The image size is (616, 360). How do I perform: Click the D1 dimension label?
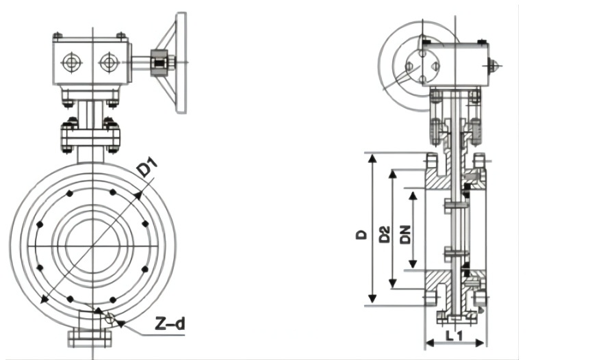click(x=147, y=168)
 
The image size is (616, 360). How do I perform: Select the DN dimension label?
click(x=405, y=235)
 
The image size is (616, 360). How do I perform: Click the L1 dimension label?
click(x=455, y=335)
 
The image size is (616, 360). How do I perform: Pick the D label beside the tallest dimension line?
click(x=361, y=235)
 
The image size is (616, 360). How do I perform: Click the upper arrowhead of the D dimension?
click(x=372, y=158)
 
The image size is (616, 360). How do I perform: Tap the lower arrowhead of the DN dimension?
click(x=413, y=263)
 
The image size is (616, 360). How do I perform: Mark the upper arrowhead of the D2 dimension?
click(x=392, y=174)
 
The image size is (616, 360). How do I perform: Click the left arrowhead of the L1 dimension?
click(x=430, y=343)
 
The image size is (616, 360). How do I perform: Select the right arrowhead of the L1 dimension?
click(x=481, y=343)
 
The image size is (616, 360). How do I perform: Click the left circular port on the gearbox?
click(x=72, y=62)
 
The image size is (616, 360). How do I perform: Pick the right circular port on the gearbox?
click(x=109, y=62)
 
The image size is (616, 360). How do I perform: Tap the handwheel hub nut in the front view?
click(x=159, y=62)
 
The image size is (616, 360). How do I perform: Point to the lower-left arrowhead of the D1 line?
click(x=44, y=300)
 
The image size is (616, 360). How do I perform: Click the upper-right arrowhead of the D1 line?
click(x=138, y=196)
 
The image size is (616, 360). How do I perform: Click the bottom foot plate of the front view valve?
click(x=90, y=338)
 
